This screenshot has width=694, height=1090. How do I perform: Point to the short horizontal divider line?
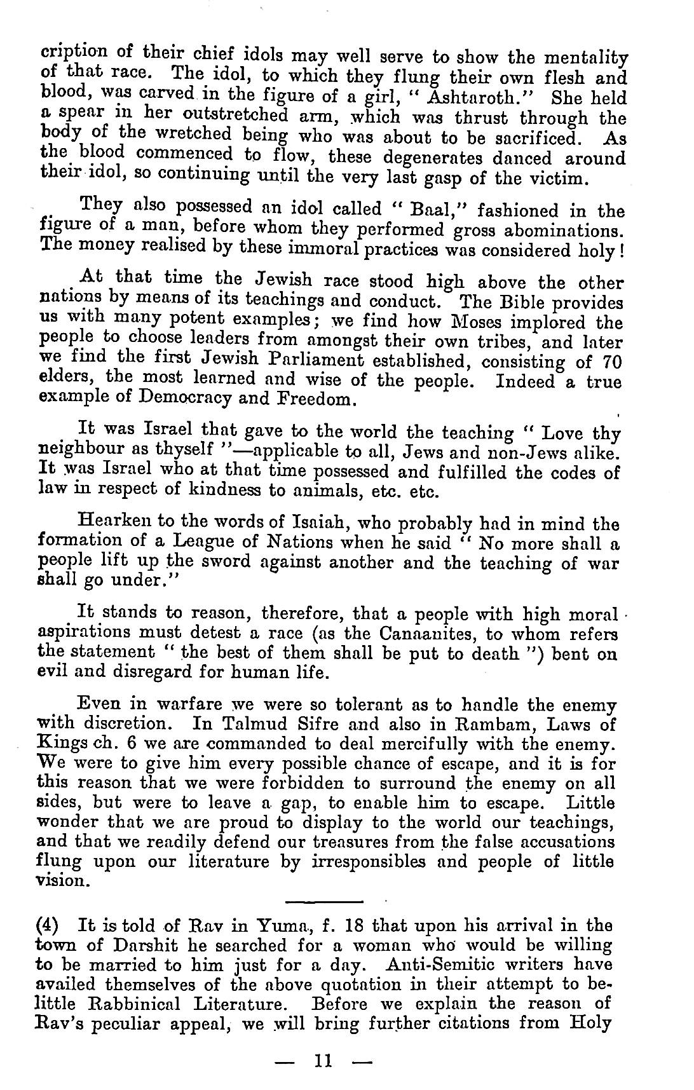(324, 901)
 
